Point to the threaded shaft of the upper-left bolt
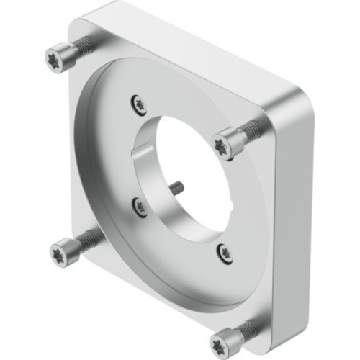[x=81, y=46]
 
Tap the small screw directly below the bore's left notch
[x=139, y=207]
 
